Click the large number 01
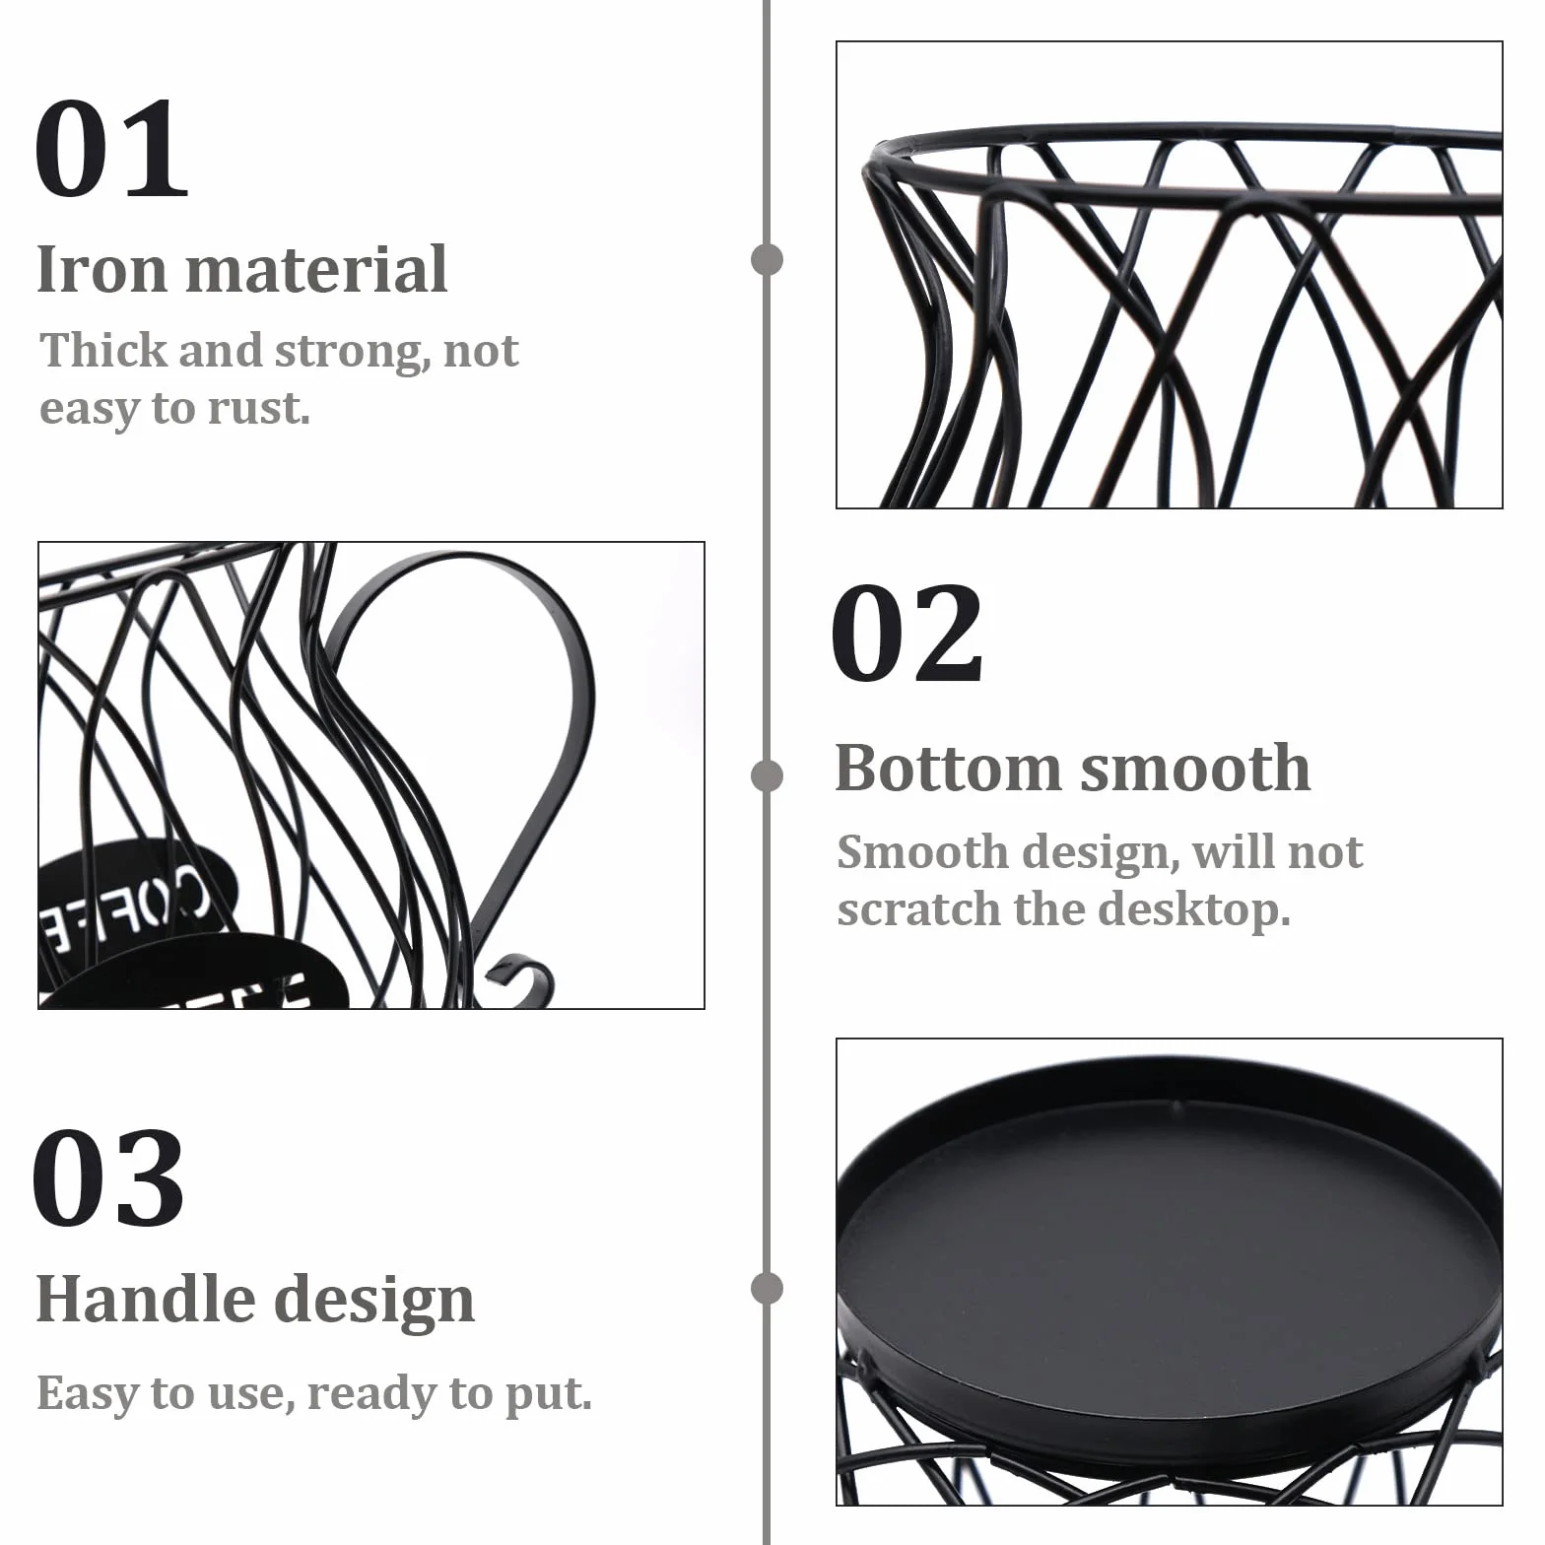(111, 148)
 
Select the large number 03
(108, 1177)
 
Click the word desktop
(1193, 908)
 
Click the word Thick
(101, 350)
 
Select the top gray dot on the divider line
(767, 260)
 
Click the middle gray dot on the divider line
(767, 776)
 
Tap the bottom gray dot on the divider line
(767, 1289)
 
